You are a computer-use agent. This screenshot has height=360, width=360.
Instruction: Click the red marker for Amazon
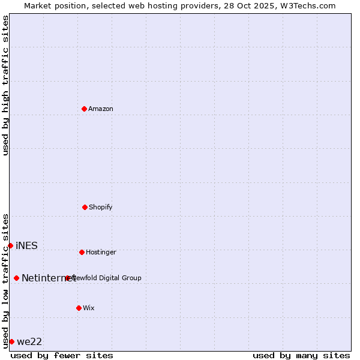(x=84, y=109)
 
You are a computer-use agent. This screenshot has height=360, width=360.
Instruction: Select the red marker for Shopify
(x=85, y=207)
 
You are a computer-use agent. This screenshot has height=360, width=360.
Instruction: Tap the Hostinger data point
(x=82, y=252)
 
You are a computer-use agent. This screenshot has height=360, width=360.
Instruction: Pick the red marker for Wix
(x=79, y=308)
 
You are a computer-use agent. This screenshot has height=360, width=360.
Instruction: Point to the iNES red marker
(x=10, y=245)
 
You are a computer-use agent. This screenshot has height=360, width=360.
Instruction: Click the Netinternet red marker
(x=16, y=278)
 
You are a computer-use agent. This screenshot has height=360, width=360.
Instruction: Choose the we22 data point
(x=11, y=341)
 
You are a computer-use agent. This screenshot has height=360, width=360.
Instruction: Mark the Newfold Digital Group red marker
(x=67, y=278)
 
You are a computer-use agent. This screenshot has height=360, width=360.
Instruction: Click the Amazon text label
(x=101, y=109)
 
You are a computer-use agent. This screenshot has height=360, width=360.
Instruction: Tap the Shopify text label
(x=101, y=207)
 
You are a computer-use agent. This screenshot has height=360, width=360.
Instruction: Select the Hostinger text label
(x=101, y=252)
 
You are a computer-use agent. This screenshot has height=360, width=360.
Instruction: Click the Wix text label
(x=89, y=308)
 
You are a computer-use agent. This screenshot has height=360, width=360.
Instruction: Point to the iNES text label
(x=26, y=245)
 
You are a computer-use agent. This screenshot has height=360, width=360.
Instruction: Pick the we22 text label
(x=29, y=341)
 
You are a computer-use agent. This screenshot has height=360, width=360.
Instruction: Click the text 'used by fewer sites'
(x=62, y=355)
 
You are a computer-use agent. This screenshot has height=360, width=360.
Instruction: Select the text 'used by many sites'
(x=301, y=355)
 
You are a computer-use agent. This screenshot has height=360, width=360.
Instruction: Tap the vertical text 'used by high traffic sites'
(x=5, y=85)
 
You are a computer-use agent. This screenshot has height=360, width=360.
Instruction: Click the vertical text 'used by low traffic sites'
(x=5, y=281)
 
